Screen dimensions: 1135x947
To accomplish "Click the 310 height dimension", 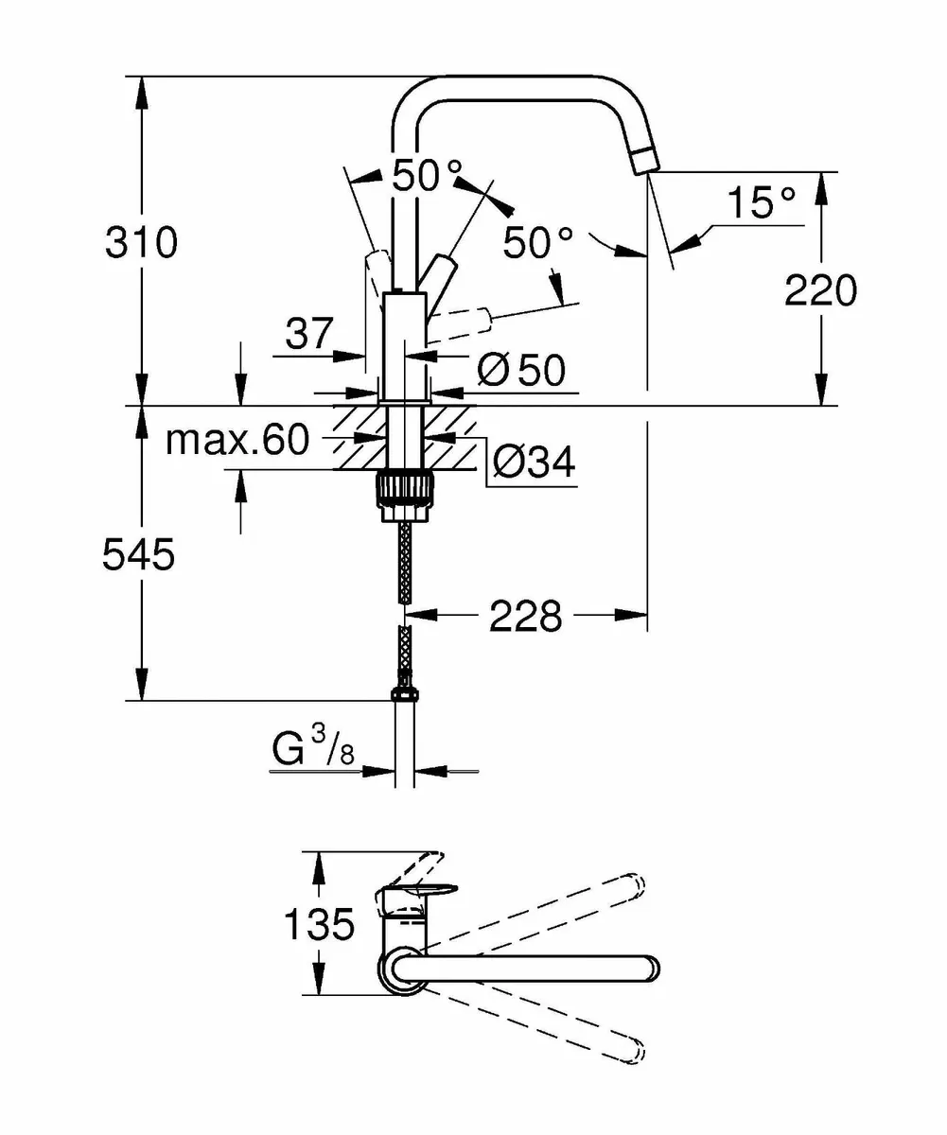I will (141, 244).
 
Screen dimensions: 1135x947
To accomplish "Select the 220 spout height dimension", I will (820, 291).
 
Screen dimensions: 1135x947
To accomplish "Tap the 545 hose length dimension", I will (139, 556).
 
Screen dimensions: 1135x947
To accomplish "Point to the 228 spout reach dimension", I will (525, 617).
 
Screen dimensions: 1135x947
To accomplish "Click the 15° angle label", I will (761, 203).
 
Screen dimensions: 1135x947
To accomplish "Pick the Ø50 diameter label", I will (521, 371).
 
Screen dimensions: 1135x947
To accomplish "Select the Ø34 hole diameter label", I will (534, 463).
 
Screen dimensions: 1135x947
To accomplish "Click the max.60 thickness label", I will (237, 440).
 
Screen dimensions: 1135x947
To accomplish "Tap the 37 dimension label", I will (309, 333).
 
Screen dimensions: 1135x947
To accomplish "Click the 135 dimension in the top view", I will (319, 923).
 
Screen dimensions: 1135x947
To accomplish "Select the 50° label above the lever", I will (428, 176).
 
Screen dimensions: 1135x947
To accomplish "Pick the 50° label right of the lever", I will (537, 243).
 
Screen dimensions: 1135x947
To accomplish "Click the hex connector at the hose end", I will (404, 695).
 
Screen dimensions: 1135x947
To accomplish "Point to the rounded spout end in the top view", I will (646, 969).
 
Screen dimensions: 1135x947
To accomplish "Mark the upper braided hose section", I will (406, 563).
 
